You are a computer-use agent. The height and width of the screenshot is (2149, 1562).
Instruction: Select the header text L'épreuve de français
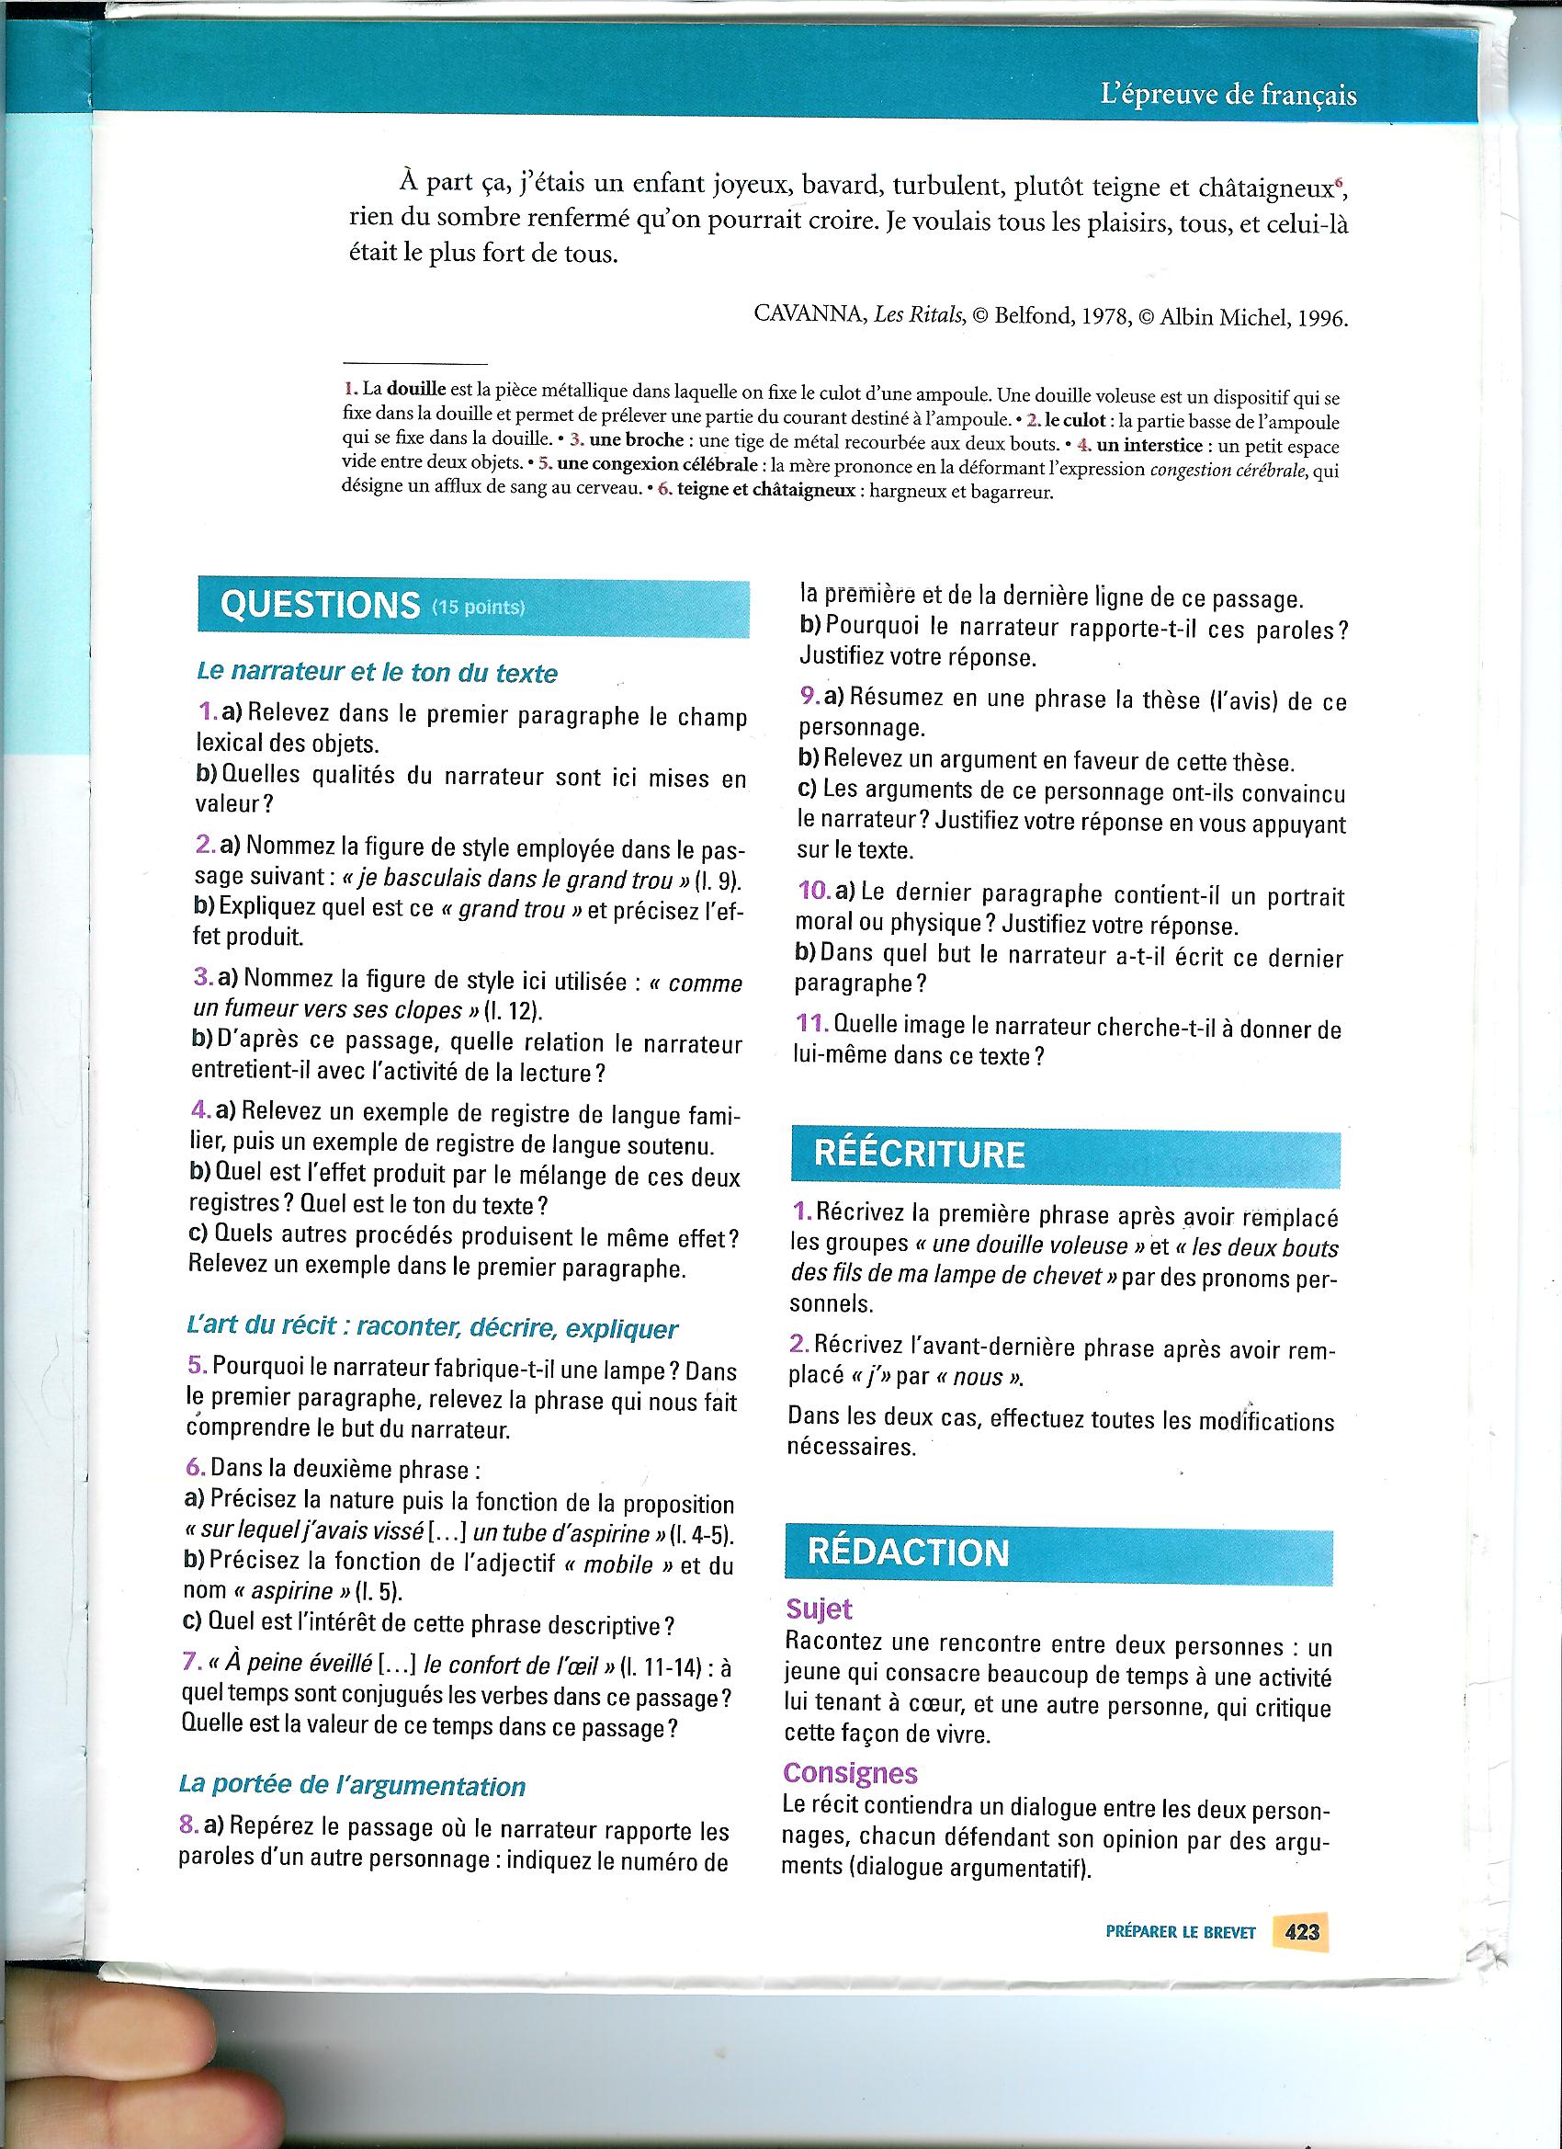coord(1228,96)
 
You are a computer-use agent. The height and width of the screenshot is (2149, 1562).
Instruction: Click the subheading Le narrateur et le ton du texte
coord(377,673)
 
